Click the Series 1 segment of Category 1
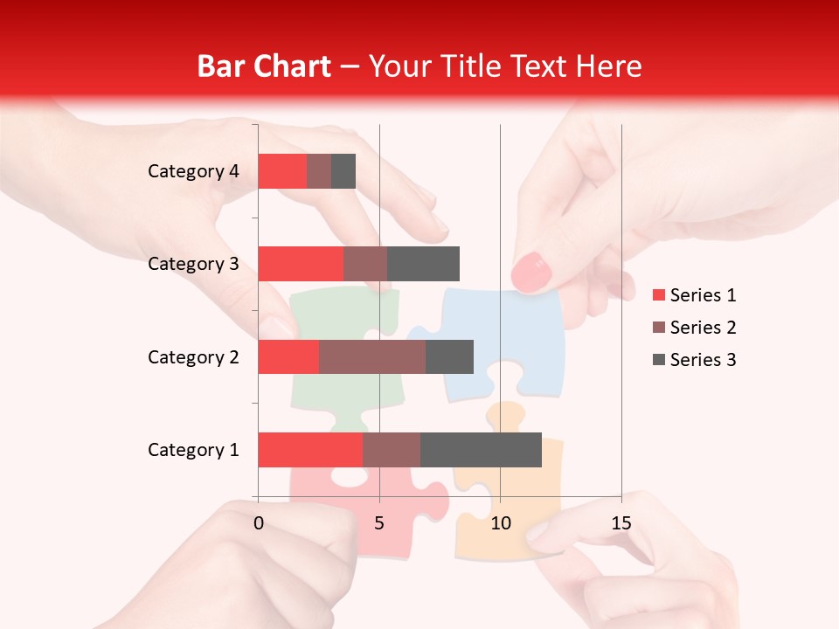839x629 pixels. coord(310,449)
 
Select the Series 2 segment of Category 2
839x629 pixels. coord(372,356)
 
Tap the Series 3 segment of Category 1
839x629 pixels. coord(481,449)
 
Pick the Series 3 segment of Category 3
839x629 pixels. coord(423,264)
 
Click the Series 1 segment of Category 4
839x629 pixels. coord(282,171)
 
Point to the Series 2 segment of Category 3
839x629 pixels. coord(365,264)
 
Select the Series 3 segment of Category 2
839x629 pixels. coord(449,356)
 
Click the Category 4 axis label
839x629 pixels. coord(193,171)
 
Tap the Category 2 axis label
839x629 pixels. coord(193,356)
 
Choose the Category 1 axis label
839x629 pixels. coord(193,450)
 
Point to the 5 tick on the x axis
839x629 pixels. coord(379,523)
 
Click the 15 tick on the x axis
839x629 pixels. coord(621,523)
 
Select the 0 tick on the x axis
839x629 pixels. coord(259,523)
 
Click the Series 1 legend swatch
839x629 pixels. coord(659,295)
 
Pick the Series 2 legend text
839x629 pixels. coord(703,328)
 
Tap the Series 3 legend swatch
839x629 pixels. coord(659,360)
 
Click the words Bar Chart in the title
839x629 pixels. coord(264,66)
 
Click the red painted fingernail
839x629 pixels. coord(530,272)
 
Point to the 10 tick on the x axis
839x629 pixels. coord(500,523)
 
